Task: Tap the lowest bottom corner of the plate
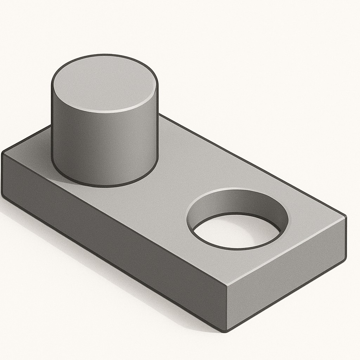225,330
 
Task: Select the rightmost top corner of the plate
345,217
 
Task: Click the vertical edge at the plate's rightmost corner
346,239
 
